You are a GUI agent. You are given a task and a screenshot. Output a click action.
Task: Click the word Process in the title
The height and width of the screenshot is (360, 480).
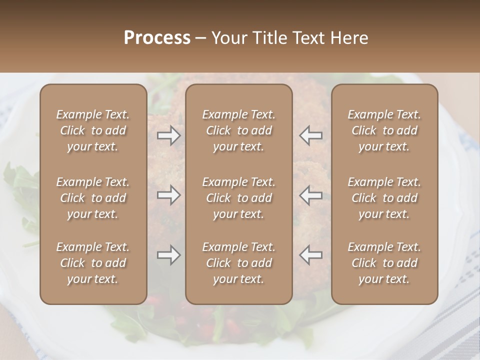click(x=157, y=38)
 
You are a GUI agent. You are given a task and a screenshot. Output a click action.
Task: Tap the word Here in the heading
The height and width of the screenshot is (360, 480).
click(x=349, y=38)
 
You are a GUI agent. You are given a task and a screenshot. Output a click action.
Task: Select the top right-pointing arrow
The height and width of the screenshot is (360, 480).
click(x=169, y=135)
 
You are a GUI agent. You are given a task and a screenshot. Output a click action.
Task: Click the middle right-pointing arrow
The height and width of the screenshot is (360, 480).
click(x=169, y=195)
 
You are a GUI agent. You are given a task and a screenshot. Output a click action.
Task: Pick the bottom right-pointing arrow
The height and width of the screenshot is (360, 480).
click(x=169, y=255)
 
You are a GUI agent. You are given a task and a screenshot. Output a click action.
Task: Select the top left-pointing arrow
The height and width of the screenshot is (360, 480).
click(x=311, y=135)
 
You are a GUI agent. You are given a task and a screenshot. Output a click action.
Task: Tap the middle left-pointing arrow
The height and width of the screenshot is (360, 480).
click(x=311, y=195)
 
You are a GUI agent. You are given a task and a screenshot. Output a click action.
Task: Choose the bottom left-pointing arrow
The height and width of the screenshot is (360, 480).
click(x=311, y=255)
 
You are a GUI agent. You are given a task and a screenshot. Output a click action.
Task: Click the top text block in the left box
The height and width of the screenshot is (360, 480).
click(x=93, y=130)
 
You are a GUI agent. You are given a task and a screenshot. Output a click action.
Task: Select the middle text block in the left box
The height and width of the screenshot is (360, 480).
click(x=93, y=198)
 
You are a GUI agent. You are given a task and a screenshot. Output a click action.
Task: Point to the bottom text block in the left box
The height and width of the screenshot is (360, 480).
click(x=93, y=263)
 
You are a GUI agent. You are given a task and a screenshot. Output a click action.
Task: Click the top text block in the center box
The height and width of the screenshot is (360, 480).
click(x=238, y=130)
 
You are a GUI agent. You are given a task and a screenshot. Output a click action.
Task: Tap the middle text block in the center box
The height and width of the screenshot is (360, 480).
click(x=238, y=198)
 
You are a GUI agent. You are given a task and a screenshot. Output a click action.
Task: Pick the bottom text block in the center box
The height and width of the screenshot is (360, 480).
click(x=238, y=263)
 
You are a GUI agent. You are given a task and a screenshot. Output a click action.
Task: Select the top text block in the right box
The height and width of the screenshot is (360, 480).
click(x=384, y=130)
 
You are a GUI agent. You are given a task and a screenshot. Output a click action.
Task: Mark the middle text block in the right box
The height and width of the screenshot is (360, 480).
click(x=384, y=198)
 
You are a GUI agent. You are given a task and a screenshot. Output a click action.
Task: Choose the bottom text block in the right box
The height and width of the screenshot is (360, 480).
click(x=384, y=263)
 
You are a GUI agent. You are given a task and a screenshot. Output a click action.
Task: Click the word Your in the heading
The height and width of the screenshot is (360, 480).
click(x=228, y=38)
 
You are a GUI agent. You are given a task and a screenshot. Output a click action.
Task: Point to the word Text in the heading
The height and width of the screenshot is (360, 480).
click(x=307, y=38)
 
